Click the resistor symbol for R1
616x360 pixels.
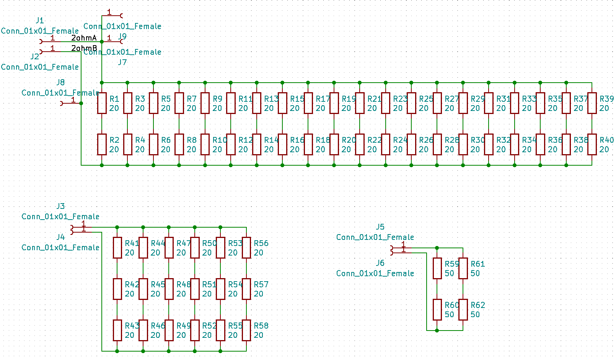(102, 103)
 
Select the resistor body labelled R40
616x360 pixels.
(592, 145)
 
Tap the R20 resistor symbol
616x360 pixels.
(334, 145)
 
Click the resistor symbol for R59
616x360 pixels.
(437, 268)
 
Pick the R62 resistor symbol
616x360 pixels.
(463, 310)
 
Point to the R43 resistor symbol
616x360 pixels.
(117, 330)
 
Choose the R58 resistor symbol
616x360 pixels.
(246, 330)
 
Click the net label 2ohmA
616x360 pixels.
(84, 38)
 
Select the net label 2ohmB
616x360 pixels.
(84, 48)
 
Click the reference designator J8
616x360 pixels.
(60, 82)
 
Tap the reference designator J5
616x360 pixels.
(380, 227)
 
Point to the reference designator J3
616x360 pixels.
(60, 206)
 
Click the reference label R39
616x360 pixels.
(606, 99)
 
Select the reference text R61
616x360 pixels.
(477, 264)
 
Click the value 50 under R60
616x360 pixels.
(449, 314)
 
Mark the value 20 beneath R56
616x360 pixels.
(258, 252)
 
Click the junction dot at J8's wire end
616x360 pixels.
(81, 103)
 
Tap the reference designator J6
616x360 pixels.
(380, 263)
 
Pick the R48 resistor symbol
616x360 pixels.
(169, 289)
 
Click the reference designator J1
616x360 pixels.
(40, 20)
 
